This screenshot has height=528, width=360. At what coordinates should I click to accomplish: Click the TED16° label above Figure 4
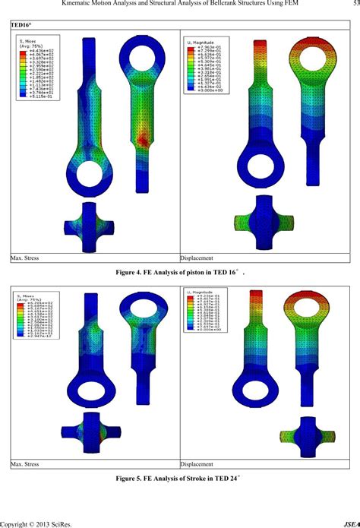22,25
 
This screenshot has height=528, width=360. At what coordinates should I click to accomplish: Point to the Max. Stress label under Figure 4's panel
27,259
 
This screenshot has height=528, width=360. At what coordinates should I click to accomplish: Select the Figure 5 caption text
179,480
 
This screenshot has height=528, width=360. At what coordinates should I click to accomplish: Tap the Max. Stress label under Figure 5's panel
27,464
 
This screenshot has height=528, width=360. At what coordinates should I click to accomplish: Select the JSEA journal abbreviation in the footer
352,522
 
